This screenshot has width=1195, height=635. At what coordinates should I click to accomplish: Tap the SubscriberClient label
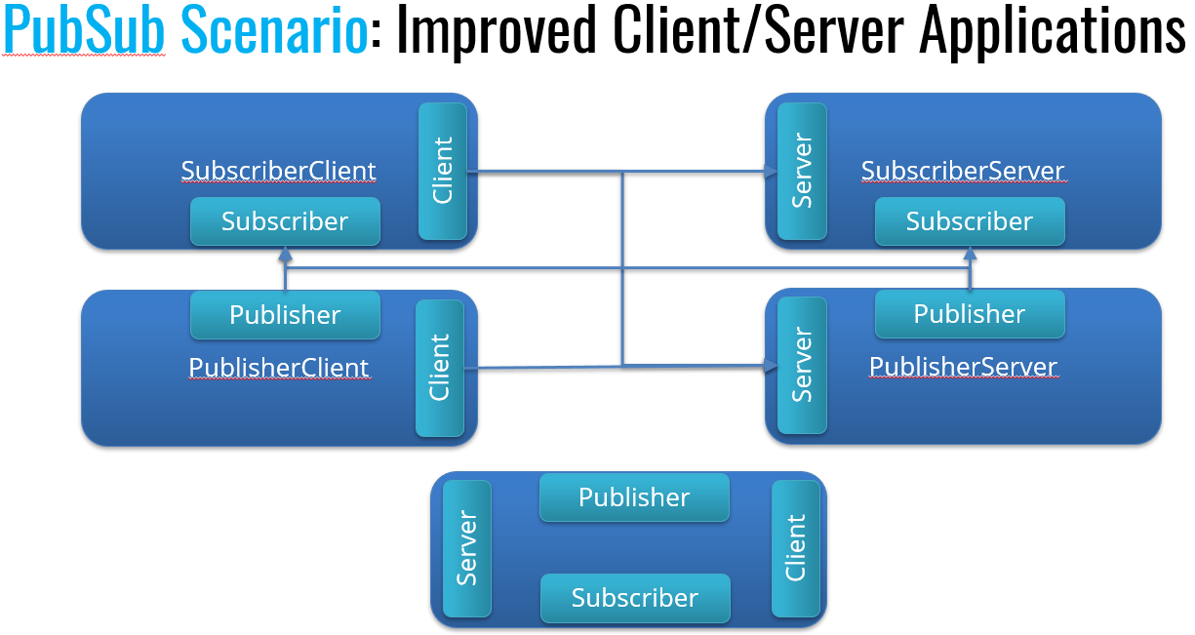point(279,171)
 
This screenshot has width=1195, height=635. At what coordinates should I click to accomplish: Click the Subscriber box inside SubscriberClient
point(284,221)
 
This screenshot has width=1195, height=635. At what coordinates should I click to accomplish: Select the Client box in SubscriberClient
point(443,171)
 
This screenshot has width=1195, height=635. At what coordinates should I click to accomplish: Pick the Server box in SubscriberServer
point(802,171)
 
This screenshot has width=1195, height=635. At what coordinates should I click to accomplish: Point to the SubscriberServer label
point(962,171)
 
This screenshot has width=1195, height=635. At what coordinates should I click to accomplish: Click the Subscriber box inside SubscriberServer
point(969,221)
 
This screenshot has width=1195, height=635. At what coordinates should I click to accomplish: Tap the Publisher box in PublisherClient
point(284,315)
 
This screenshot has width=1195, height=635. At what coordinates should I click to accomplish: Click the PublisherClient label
point(279,368)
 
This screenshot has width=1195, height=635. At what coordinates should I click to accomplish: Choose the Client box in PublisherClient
point(440,368)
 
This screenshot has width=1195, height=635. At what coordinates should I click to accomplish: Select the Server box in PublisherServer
point(802,365)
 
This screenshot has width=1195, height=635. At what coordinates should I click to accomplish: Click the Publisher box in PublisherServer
point(969,314)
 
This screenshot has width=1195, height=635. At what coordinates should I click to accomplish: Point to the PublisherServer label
point(963,367)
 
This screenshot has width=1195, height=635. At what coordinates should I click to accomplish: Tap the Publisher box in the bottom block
point(634,497)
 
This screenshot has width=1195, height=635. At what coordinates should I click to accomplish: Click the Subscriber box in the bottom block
point(634,598)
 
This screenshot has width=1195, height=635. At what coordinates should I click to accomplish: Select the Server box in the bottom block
point(466,548)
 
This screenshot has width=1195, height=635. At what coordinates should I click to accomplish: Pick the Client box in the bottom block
point(796,548)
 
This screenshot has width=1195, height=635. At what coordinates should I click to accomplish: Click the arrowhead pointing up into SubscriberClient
point(285,255)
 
